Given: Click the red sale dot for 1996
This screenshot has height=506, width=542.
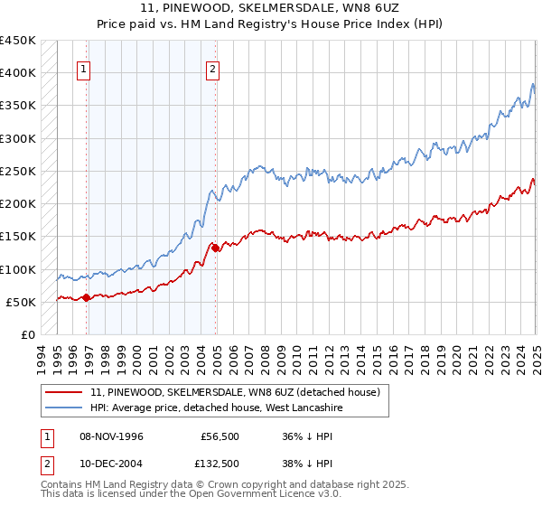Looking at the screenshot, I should (x=87, y=297).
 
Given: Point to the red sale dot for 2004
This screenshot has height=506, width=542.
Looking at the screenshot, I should (x=216, y=248).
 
